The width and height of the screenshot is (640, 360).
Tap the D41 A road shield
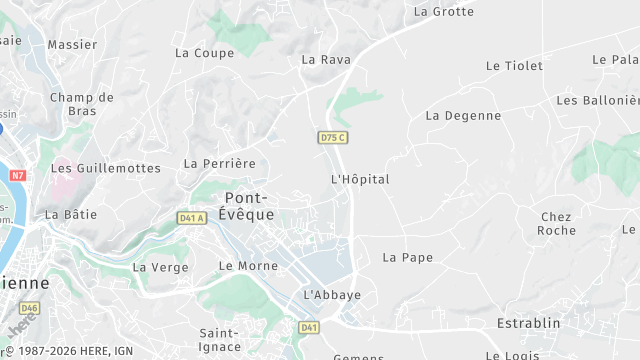[191, 217]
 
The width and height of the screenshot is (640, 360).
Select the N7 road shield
[18, 174]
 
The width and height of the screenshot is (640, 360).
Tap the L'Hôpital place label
[359, 179]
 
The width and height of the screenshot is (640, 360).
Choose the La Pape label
[408, 257]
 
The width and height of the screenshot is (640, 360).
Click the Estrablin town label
[528, 323]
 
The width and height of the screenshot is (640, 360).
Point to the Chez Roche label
[556, 223]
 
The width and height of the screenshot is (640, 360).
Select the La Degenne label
[463, 115]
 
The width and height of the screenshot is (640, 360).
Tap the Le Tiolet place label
[514, 66]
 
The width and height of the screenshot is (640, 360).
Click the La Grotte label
[443, 12]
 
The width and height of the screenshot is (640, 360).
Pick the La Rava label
[326, 60]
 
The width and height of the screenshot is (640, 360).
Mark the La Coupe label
[204, 53]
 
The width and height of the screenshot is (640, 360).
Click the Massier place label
[72, 45]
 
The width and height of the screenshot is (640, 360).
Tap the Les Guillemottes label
[105, 168]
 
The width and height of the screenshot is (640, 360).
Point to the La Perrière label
[220, 163]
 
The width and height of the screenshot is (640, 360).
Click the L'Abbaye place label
[331, 295]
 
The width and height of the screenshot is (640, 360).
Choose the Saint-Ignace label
[219, 340]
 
